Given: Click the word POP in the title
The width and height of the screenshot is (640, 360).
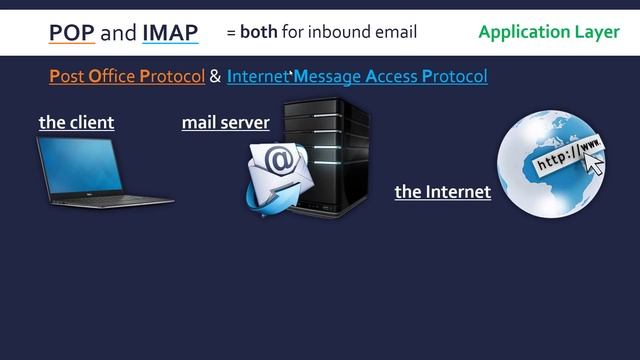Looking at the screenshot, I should point(72,33).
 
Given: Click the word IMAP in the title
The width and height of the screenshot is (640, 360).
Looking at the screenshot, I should point(170,33).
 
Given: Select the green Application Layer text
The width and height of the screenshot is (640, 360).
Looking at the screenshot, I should point(549,32).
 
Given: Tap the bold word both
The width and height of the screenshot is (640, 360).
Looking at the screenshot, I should point(258,32).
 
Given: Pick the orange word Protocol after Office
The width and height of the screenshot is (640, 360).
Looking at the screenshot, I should point(172,76).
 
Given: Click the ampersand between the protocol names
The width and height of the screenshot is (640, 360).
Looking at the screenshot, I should point(215,76).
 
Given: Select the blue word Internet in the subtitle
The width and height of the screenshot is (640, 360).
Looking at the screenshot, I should point(257,76).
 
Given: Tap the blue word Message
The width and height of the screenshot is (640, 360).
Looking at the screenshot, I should point(326,76).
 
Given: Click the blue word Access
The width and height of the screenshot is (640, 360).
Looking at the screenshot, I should point(393,76).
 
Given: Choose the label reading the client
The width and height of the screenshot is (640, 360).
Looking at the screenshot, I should point(77,123).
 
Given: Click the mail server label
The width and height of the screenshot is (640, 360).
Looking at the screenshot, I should point(225,123).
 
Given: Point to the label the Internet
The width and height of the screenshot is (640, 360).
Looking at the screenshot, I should point(442,191).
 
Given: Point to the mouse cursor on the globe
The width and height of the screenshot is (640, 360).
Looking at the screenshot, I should point(594,165).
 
